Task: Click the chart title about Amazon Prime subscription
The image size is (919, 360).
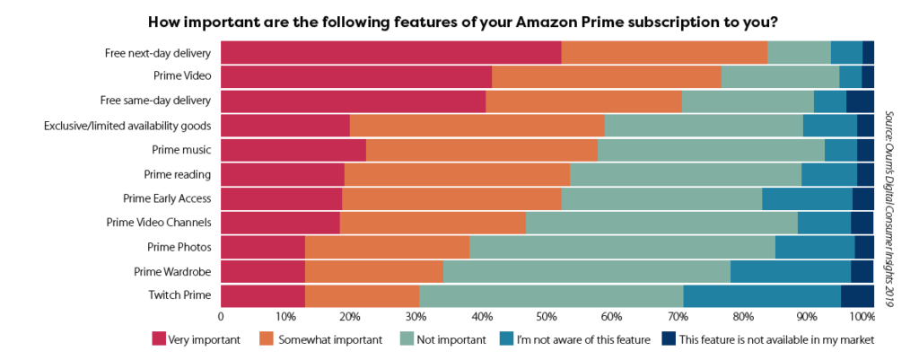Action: (x=459, y=20)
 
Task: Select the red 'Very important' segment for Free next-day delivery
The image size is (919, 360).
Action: (x=390, y=53)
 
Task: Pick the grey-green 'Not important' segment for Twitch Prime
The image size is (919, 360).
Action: (x=551, y=295)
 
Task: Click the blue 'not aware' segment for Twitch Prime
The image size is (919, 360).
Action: (x=761, y=295)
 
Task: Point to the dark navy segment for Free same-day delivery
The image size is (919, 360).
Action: (x=860, y=101)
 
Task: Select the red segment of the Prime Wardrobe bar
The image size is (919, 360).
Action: (x=263, y=271)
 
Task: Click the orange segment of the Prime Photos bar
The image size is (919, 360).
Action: (x=387, y=247)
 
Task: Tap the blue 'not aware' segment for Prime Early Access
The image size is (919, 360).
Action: (x=807, y=198)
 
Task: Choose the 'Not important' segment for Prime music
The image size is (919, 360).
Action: (x=711, y=150)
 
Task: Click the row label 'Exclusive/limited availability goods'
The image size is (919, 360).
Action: (x=127, y=126)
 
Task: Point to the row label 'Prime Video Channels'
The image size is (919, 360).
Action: (x=159, y=223)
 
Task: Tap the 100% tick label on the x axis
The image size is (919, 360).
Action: (x=862, y=317)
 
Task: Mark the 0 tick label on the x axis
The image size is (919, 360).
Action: (x=221, y=317)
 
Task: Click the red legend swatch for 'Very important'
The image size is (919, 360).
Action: (x=159, y=339)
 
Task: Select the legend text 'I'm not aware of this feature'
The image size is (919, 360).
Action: (x=582, y=339)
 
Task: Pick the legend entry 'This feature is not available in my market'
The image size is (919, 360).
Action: (x=767, y=339)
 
